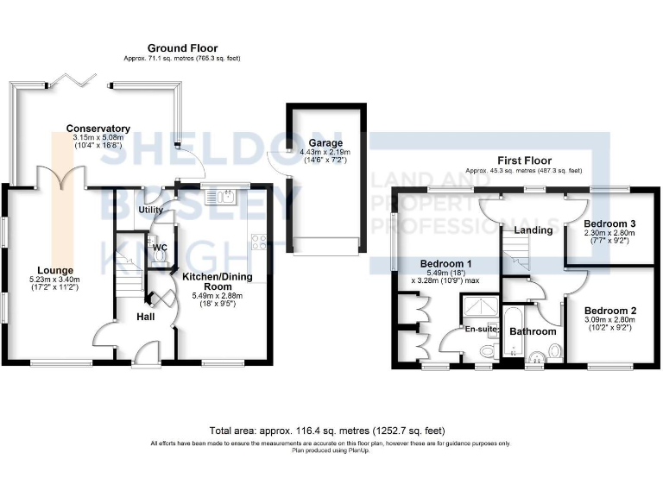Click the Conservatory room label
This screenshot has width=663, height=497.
pyautogui.click(x=98, y=129)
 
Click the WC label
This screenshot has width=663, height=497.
pyautogui.click(x=160, y=248)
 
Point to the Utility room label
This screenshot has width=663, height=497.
pyautogui.click(x=152, y=210)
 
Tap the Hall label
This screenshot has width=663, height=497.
pyautogui.click(x=145, y=317)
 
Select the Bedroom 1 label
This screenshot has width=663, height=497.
pyautogui.click(x=445, y=263)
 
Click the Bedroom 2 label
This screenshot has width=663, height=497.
pyautogui.click(x=609, y=311)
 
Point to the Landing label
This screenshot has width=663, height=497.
pyautogui.click(x=533, y=230)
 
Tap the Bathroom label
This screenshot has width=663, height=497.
pyautogui.click(x=533, y=330)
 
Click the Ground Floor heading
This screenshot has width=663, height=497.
pyautogui.click(x=182, y=48)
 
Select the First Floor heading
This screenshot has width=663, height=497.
pyautogui.click(x=523, y=160)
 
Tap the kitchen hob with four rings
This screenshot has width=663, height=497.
pyautogui.click(x=257, y=241)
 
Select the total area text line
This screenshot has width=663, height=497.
pyautogui.click(x=331, y=431)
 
